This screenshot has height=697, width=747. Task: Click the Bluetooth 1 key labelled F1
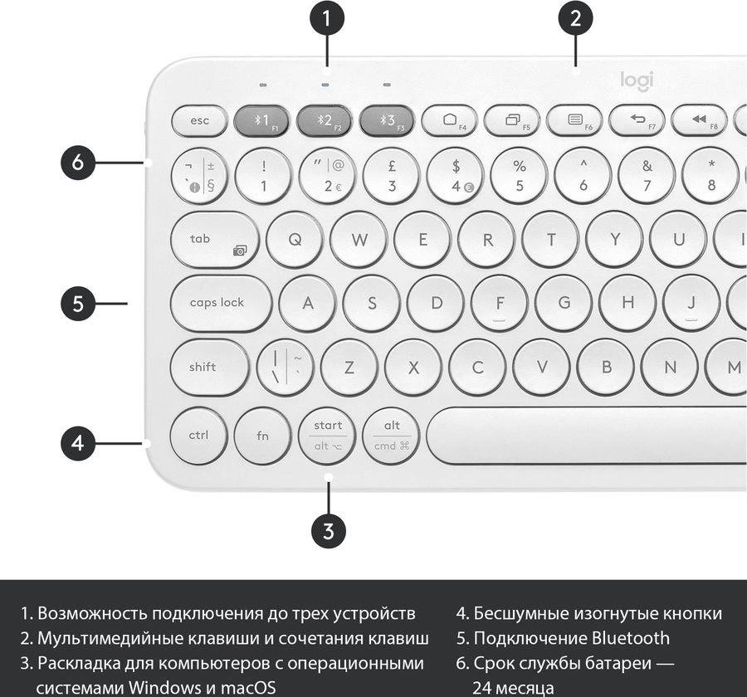click(x=261, y=121)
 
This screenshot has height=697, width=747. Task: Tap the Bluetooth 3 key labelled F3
click(x=387, y=121)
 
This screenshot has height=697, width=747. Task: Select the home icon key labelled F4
click(x=449, y=121)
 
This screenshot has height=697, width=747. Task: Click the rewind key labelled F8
click(x=700, y=121)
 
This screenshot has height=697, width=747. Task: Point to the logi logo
click(x=637, y=80)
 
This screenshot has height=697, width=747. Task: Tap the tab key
click(x=214, y=240)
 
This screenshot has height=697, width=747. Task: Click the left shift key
click(x=209, y=367)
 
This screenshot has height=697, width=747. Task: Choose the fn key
click(x=262, y=436)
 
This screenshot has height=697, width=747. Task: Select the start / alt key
click(x=327, y=436)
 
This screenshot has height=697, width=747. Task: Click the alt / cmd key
click(x=391, y=436)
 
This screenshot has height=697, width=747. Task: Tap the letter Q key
click(x=295, y=240)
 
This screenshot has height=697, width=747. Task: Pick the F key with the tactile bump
click(x=500, y=304)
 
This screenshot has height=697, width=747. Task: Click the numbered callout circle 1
click(x=326, y=19)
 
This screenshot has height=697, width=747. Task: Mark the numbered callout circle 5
click(x=78, y=304)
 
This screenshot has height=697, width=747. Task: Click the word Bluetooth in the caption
click(x=630, y=638)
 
